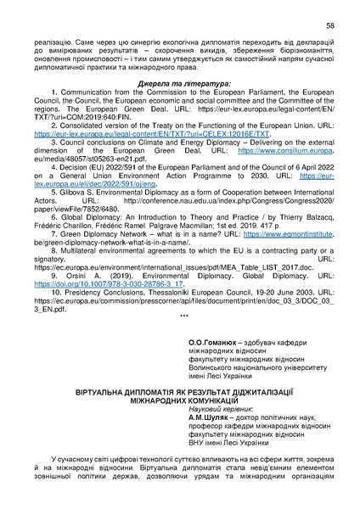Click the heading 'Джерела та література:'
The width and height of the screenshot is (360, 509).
[x=179, y=86]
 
